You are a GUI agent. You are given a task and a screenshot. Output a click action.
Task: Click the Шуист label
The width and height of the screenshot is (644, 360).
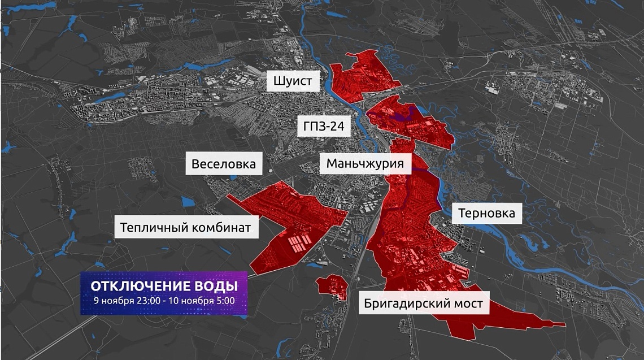coord(292,81)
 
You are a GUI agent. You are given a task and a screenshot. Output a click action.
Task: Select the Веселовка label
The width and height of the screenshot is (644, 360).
coord(223,164)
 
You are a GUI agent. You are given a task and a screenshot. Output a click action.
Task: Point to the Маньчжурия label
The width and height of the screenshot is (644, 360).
coord(365,164)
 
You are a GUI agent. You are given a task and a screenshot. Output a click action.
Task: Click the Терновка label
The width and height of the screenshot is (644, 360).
coord(486,213)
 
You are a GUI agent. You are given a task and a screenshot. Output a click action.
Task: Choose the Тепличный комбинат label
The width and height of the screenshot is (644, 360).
coord(185,228)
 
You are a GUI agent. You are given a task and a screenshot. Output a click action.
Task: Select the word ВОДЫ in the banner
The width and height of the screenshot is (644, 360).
coord(216,284)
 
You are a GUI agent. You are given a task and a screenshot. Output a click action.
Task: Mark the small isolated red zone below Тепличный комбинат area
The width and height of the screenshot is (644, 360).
coord(332,285)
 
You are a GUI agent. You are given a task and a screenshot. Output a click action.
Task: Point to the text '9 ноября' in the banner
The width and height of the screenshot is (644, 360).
coord(111,300)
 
